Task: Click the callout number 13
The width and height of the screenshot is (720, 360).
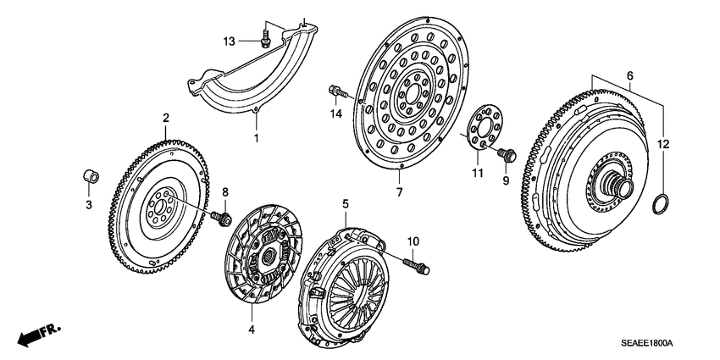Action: click(229, 41)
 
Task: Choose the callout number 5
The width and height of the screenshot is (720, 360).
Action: click(345, 204)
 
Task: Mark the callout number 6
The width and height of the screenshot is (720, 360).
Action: click(629, 76)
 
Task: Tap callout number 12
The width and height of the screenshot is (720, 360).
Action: click(663, 144)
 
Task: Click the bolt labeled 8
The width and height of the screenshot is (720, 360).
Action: click(224, 219)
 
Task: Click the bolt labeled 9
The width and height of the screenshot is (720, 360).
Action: click(508, 154)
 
